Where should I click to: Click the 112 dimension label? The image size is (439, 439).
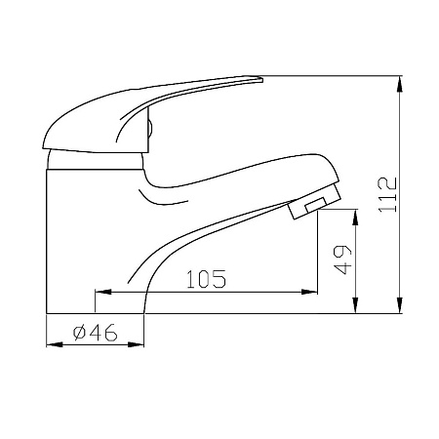[387, 194]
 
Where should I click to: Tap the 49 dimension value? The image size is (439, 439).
[342, 259]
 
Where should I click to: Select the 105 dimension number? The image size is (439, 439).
[206, 279]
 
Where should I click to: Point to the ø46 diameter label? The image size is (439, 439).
[95, 333]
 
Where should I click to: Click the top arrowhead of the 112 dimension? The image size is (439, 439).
[400, 84]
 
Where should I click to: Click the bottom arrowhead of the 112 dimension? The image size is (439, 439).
[400, 305]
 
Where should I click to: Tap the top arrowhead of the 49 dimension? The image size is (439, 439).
[356, 218]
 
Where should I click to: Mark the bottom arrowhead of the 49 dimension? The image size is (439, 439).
[356, 305]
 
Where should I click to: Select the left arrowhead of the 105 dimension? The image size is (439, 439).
[103, 292]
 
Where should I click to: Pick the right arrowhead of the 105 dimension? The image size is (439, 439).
[309, 292]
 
